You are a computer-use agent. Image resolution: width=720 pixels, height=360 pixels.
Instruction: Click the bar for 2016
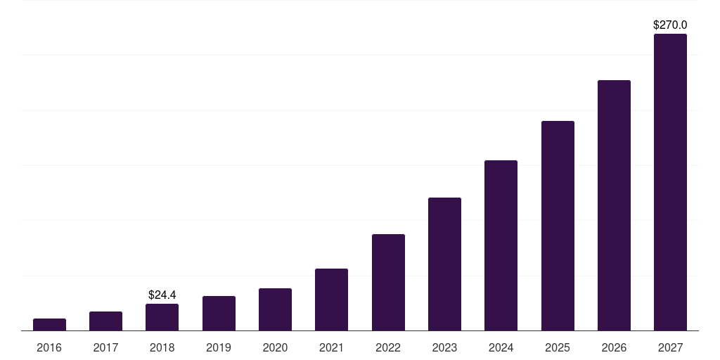[49, 325]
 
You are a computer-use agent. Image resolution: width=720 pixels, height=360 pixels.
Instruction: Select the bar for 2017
[105, 321]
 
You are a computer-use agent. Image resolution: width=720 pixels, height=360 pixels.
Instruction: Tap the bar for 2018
[162, 317]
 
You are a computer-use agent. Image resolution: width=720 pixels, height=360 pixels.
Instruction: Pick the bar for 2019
[219, 314]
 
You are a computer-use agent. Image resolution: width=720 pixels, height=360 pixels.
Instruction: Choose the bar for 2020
[275, 309]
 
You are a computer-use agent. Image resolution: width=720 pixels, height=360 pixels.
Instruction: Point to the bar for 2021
[331, 300]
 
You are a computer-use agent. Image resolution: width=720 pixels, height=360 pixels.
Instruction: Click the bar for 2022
[388, 283]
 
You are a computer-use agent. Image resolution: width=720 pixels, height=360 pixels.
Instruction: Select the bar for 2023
[444, 264]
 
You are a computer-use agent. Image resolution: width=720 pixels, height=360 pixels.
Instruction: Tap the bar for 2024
[501, 245]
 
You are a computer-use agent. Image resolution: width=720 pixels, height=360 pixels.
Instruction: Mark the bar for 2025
[558, 226]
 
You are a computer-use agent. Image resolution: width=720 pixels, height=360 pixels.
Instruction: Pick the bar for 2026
[614, 205]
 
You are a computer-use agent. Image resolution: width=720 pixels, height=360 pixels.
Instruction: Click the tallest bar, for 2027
[670, 182]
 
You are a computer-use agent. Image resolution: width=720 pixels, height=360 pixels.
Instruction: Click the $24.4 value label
[162, 295]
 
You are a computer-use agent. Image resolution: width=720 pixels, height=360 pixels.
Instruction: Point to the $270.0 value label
[670, 25]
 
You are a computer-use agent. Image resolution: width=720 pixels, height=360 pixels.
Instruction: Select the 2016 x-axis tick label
[49, 347]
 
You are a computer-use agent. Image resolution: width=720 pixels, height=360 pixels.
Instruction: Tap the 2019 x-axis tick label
[219, 347]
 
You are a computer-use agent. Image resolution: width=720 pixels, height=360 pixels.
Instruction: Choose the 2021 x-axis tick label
[331, 347]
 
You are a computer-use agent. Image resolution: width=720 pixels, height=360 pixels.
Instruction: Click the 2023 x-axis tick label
[444, 347]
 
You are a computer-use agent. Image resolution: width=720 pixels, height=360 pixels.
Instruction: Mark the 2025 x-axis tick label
[558, 347]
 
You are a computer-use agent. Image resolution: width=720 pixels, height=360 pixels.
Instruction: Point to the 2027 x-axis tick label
[670, 347]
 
